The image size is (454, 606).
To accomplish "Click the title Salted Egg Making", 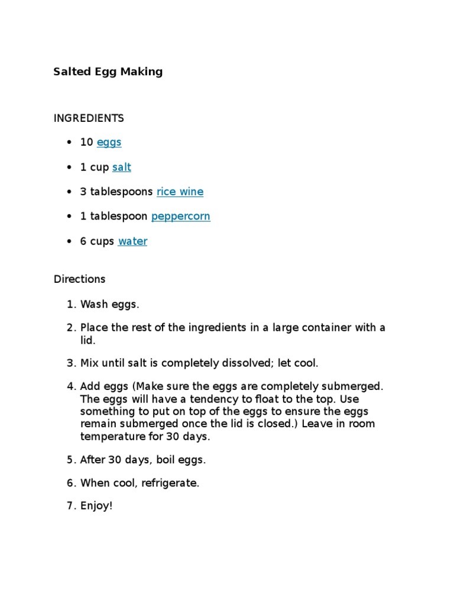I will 108,72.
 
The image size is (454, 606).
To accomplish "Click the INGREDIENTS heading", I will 89,118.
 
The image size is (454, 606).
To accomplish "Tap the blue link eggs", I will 109,143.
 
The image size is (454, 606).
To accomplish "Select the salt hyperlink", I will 121,167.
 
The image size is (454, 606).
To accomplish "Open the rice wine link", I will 180,192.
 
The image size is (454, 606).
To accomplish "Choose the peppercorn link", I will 180,217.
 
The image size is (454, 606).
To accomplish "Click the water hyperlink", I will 132,241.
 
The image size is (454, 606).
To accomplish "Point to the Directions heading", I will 79,279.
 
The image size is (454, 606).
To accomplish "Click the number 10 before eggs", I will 86,143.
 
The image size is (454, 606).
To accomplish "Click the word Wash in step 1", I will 93,305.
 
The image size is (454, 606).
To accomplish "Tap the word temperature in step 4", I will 109,437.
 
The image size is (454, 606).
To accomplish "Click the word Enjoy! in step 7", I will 96,507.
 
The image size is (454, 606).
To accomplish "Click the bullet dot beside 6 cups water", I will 70,241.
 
